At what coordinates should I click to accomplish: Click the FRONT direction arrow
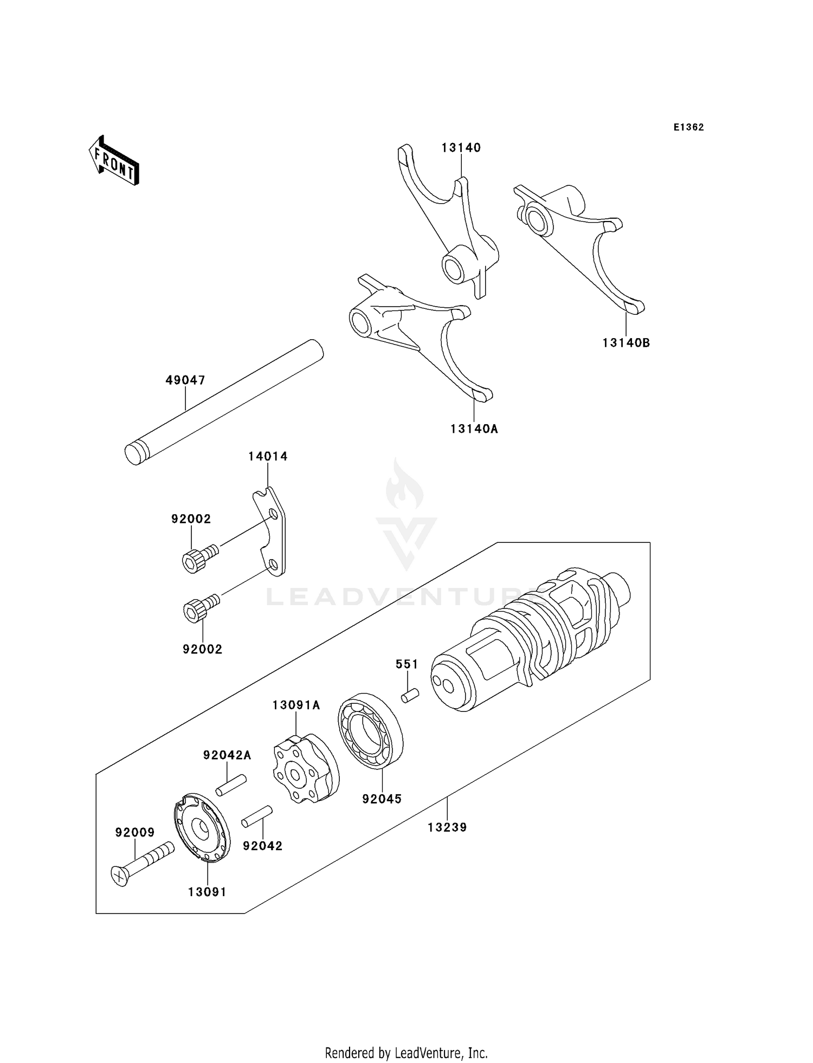click(x=114, y=161)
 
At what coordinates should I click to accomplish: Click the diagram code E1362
click(x=688, y=127)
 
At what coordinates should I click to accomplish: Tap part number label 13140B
click(x=626, y=343)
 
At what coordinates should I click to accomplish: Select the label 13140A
click(x=474, y=429)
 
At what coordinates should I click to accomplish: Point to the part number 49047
click(x=185, y=380)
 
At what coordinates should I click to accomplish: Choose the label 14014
click(x=268, y=457)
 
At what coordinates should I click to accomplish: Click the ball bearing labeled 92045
click(x=371, y=730)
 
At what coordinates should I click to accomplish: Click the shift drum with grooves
click(x=531, y=639)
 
